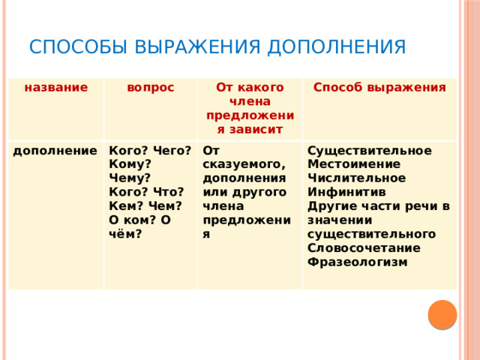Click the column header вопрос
coord(151,88)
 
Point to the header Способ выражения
coord(379,88)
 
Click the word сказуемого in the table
coord(243,164)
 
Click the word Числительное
coord(356,178)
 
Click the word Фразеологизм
coord(357,262)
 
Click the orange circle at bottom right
coord(443,314)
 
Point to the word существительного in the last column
coord(372,234)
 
